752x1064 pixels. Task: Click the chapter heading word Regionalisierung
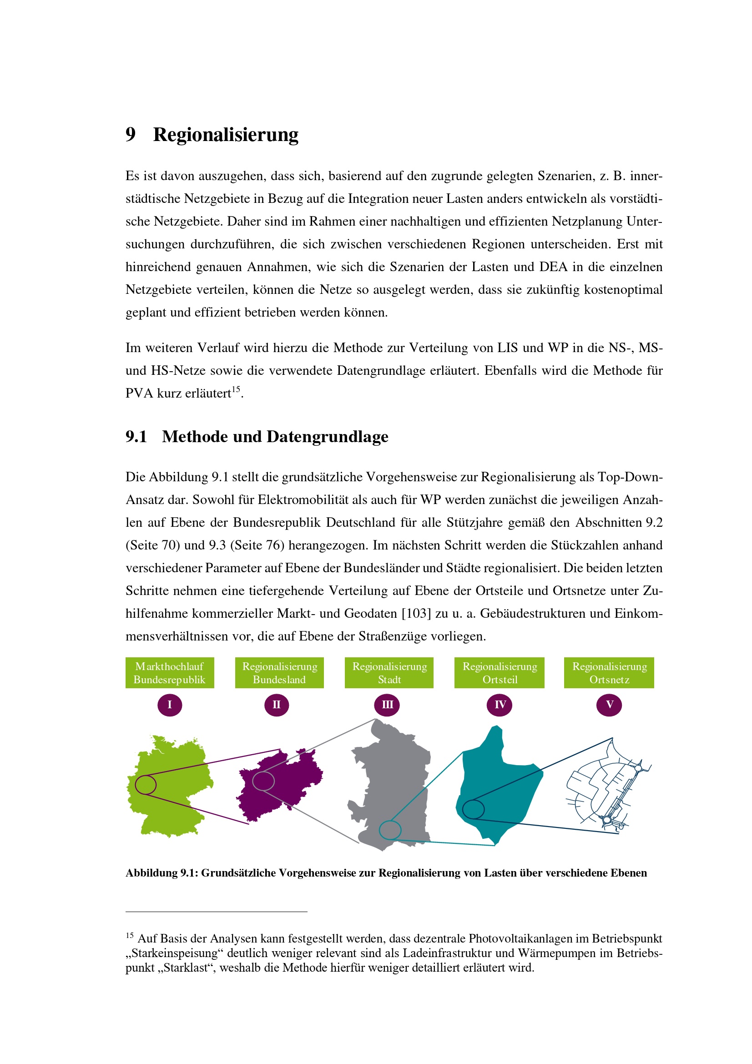[226, 135]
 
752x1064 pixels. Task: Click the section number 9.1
[136, 437]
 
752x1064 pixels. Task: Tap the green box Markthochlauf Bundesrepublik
[170, 672]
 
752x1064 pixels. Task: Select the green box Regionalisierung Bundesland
[279, 672]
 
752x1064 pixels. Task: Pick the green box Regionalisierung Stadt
[389, 672]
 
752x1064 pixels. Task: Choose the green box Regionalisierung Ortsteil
[500, 672]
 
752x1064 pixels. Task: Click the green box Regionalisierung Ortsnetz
[609, 672]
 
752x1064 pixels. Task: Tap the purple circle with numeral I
[170, 705]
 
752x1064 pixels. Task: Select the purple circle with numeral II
[277, 705]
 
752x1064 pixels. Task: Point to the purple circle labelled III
[387, 705]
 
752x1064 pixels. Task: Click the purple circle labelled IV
[500, 705]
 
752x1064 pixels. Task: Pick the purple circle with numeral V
[609, 705]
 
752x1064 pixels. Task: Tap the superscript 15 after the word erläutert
[236, 389]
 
